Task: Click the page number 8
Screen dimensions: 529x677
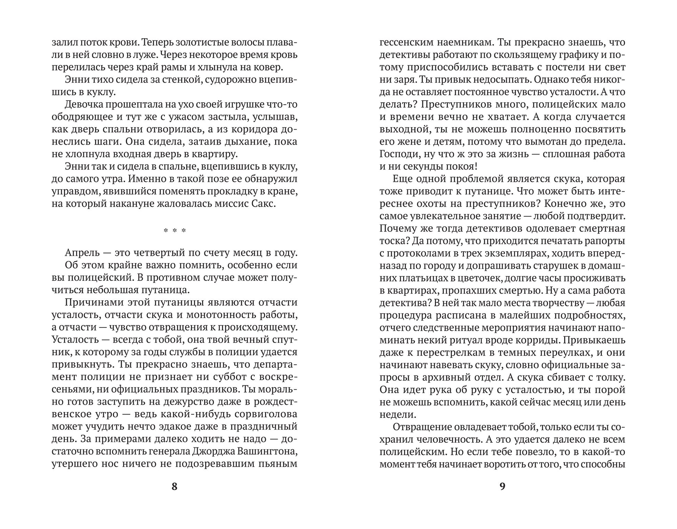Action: pyautogui.click(x=175, y=486)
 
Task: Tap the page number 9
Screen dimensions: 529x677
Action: pyautogui.click(x=502, y=486)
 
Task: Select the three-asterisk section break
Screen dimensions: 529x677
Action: pyautogui.click(x=175, y=231)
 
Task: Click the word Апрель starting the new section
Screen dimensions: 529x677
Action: pyautogui.click(x=82, y=253)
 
